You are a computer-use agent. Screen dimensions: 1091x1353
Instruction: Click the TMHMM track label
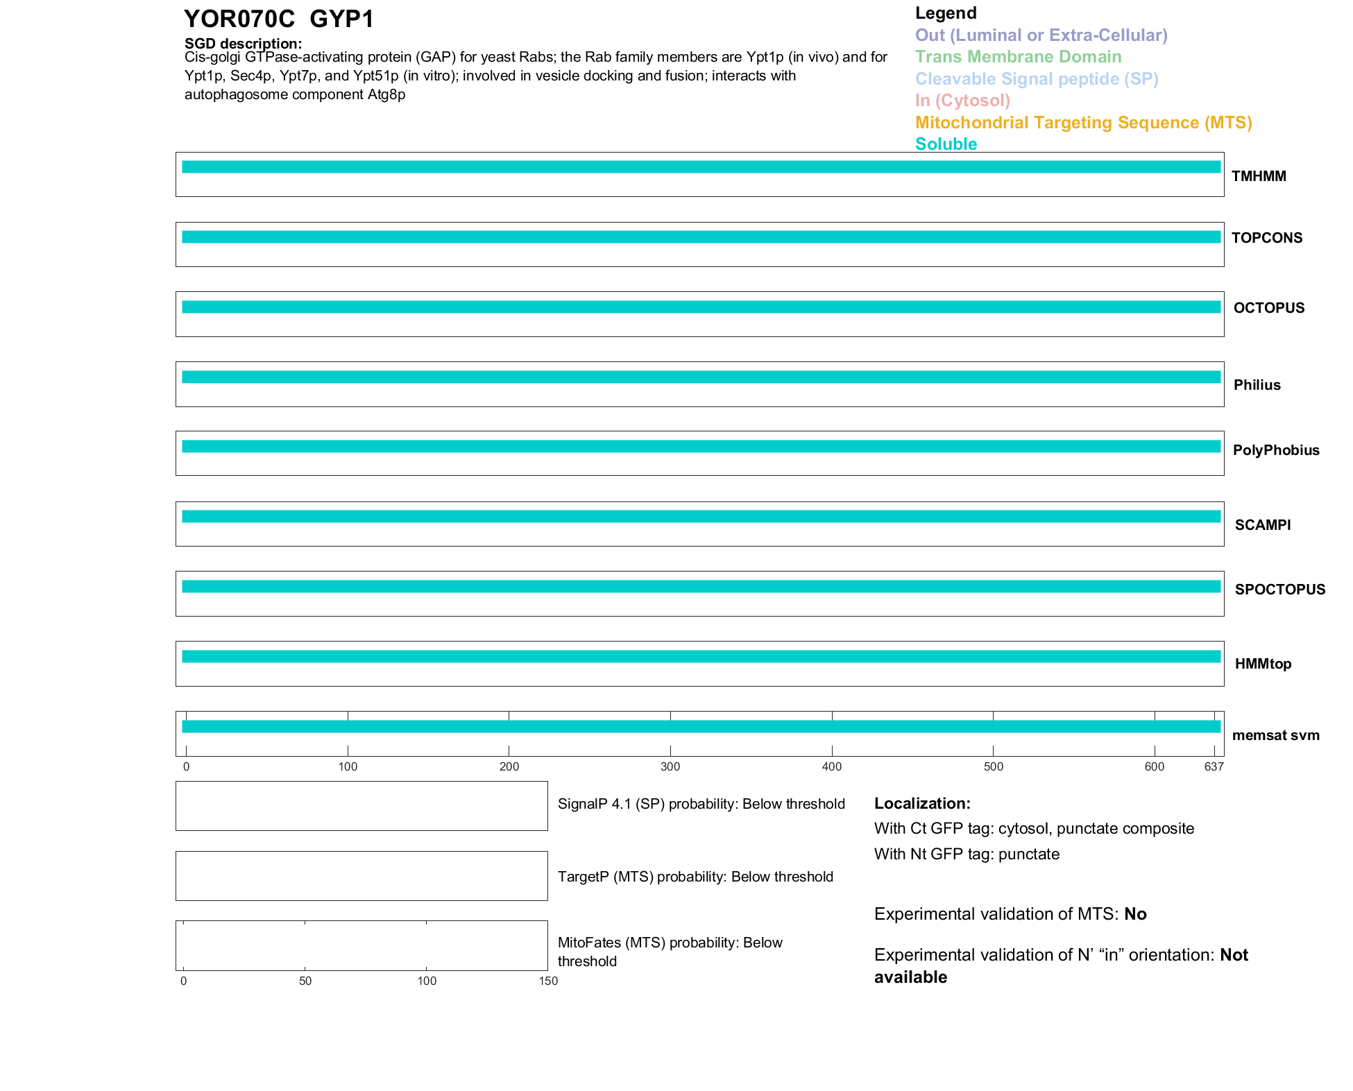point(1258,176)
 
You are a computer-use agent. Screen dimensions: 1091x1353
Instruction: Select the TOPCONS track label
point(1266,238)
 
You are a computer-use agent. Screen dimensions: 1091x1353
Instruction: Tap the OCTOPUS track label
point(1268,308)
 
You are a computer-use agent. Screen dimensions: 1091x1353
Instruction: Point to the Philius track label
point(1257,385)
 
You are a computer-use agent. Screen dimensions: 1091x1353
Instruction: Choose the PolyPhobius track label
point(1275,450)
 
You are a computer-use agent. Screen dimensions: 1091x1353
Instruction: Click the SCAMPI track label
point(1262,525)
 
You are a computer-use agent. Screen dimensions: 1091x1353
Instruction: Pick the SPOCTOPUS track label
point(1279,590)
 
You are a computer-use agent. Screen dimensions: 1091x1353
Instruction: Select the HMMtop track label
point(1263,664)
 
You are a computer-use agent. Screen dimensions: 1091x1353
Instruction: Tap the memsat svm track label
point(1275,735)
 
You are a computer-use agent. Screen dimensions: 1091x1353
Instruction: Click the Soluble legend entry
point(946,144)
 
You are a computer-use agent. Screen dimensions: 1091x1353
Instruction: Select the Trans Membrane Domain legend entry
point(1018,57)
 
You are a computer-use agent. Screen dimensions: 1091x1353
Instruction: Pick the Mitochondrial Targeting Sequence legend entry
point(1083,123)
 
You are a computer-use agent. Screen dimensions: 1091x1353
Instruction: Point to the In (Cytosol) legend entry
point(962,101)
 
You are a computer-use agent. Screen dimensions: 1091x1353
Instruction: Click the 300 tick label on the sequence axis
point(670,766)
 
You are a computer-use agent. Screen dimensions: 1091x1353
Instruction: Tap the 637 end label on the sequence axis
point(1214,766)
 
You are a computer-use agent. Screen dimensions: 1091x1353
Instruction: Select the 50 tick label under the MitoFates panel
point(305,981)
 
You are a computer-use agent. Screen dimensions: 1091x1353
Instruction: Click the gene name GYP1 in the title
point(342,19)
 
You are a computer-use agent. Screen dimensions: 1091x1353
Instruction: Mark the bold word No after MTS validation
point(1135,914)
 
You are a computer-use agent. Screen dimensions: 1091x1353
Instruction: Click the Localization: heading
point(922,803)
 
